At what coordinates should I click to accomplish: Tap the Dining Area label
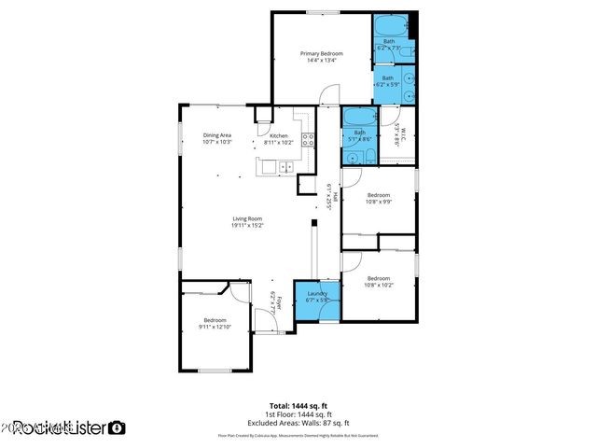click(217, 135)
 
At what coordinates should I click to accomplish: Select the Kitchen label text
click(279, 136)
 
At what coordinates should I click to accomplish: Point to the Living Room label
click(248, 219)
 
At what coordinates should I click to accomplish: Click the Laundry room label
click(317, 294)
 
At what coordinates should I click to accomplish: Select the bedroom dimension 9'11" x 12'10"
click(215, 327)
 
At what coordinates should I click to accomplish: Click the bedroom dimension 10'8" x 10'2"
click(379, 286)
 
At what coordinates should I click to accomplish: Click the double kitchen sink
click(285, 167)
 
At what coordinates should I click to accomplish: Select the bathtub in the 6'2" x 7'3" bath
click(389, 25)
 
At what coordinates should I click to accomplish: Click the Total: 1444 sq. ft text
click(298, 406)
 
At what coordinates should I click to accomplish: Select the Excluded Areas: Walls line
click(298, 422)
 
